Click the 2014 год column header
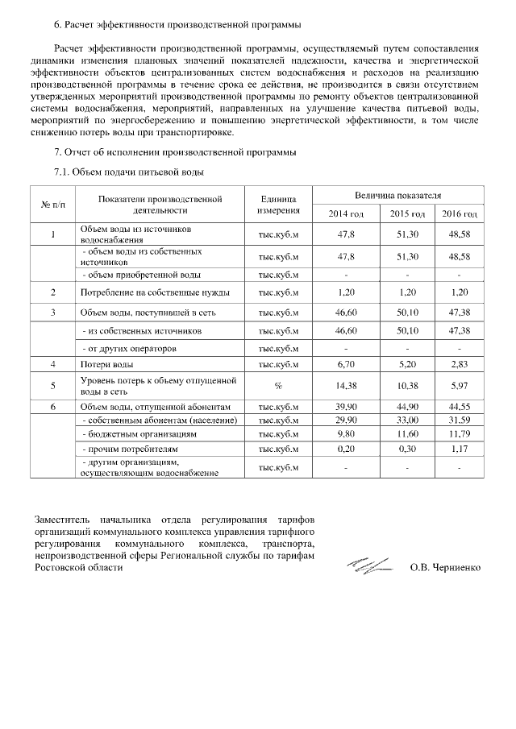point(346,213)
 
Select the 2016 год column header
point(460,213)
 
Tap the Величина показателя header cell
point(397,195)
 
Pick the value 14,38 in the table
point(346,386)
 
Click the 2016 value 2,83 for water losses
point(460,365)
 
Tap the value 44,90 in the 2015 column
point(407,407)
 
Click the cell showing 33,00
point(407,420)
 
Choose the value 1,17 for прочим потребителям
point(460,448)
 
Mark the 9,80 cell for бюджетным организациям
point(346,434)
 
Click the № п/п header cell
point(53,205)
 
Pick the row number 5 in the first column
point(53,386)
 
